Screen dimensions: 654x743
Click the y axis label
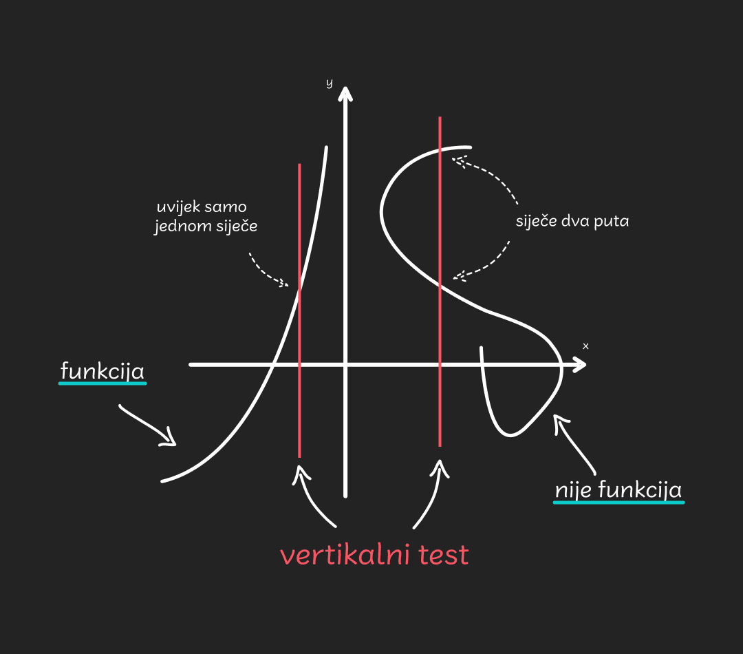point(329,83)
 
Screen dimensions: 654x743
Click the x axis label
point(585,346)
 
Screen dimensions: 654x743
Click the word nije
point(573,490)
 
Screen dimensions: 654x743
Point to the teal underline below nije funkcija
point(618,503)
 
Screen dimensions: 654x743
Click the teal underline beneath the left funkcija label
point(103,383)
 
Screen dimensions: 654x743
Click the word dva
point(573,222)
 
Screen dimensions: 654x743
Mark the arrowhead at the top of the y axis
point(345,92)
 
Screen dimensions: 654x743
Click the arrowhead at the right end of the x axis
point(582,364)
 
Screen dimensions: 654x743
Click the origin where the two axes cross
point(345,364)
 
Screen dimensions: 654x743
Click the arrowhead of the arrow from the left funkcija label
point(170,439)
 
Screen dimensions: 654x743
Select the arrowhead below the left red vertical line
point(299,471)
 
